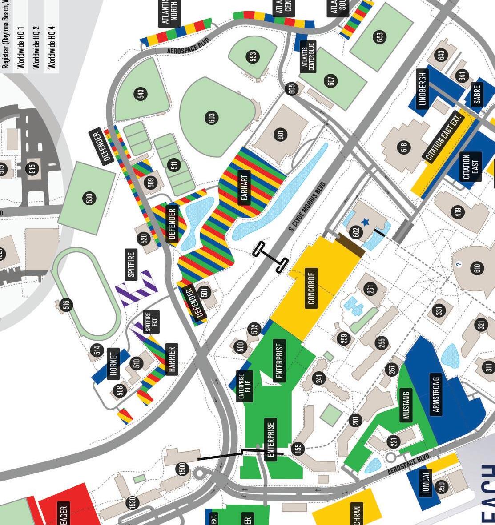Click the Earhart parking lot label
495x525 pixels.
pos(243,186)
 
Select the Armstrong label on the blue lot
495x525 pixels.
pos(435,394)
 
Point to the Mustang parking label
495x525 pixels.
pos(406,405)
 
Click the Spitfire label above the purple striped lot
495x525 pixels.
pos(131,263)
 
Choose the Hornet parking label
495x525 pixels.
pos(114,364)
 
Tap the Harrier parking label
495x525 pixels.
pos(172,359)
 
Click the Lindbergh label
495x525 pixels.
pos(423,89)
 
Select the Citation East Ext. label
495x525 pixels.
pos(444,137)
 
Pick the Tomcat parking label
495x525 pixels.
pos(427,483)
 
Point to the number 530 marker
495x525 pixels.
pos(89,198)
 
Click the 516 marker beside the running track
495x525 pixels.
pos(67,305)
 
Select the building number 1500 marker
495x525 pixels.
pos(182,469)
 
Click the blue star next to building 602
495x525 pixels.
pos(366,222)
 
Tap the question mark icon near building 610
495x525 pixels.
pos(459,265)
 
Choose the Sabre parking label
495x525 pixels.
pos(478,94)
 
